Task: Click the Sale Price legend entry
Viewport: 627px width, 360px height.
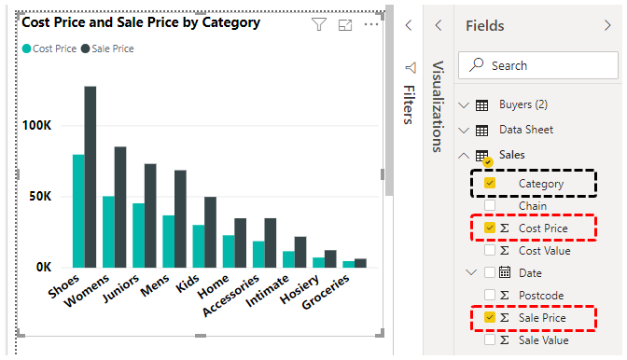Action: point(112,48)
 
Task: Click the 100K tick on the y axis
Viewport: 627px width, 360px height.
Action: point(45,126)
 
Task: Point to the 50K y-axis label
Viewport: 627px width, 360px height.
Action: point(49,197)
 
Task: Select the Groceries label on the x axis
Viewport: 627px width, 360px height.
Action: point(327,297)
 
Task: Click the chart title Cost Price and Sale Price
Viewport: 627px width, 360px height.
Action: point(141,22)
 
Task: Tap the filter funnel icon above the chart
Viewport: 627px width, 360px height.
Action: point(319,25)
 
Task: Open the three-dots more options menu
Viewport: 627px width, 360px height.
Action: point(371,25)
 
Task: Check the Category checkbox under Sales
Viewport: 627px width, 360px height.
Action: point(490,184)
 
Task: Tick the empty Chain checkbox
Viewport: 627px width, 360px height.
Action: point(490,206)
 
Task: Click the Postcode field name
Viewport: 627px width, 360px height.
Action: point(540,296)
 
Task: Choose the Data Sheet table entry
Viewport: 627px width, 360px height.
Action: point(525,131)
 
